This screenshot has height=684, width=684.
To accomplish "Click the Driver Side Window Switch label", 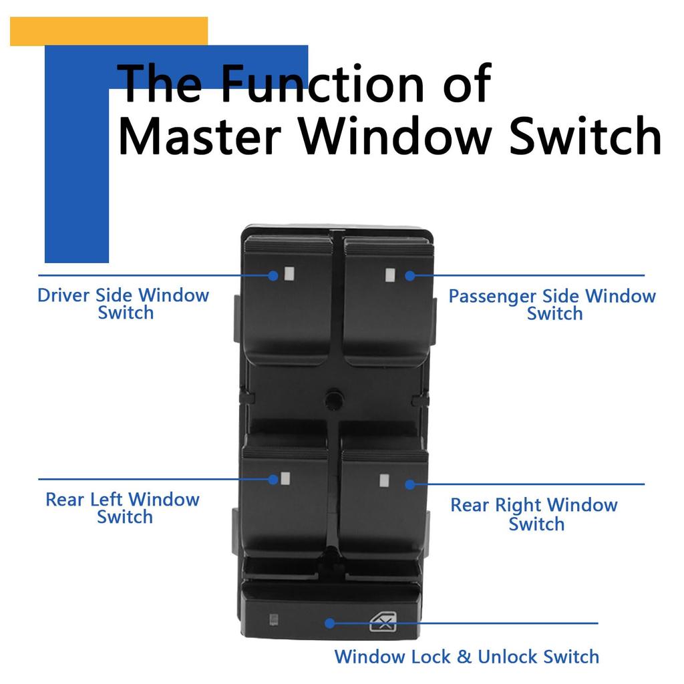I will tap(124, 304).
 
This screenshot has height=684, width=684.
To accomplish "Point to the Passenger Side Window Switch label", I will tap(552, 305).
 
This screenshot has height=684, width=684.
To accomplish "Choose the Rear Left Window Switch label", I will tap(123, 508).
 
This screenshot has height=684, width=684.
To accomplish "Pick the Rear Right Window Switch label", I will tap(534, 514).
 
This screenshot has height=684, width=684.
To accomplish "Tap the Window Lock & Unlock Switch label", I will tap(466, 657).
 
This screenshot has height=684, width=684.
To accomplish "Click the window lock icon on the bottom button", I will tap(383, 623).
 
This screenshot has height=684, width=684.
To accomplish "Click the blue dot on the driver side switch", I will tap(273, 275).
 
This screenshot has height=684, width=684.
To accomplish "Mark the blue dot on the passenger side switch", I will tap(409, 275).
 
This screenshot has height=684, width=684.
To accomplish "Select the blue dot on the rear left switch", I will tap(273, 479).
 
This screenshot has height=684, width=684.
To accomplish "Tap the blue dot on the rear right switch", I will tap(409, 484).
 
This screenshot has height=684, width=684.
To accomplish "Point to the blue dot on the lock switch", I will tap(329, 623).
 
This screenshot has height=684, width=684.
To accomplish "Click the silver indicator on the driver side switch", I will tap(289, 273).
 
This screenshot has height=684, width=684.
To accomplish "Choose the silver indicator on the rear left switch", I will tap(286, 478).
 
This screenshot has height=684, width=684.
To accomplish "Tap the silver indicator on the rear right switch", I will tap(384, 480).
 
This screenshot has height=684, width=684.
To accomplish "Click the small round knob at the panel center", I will tap(331, 399).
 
